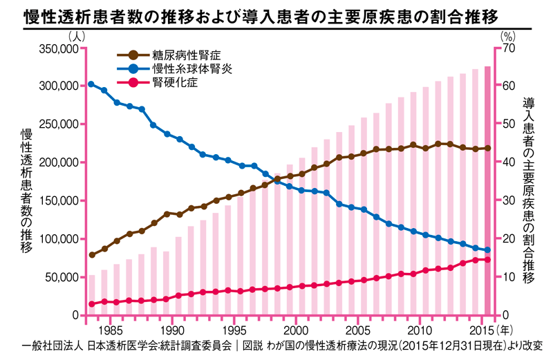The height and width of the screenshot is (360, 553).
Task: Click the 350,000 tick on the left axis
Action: pos(57,49)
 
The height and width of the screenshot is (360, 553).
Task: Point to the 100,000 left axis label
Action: pos(57,239)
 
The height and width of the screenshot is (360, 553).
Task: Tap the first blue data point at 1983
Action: pos(91,84)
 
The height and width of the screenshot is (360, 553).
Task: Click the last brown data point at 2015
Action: pos(487,148)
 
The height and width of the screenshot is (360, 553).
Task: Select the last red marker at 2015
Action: pos(487,260)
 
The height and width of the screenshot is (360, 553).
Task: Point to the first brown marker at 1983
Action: pos(91,255)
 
